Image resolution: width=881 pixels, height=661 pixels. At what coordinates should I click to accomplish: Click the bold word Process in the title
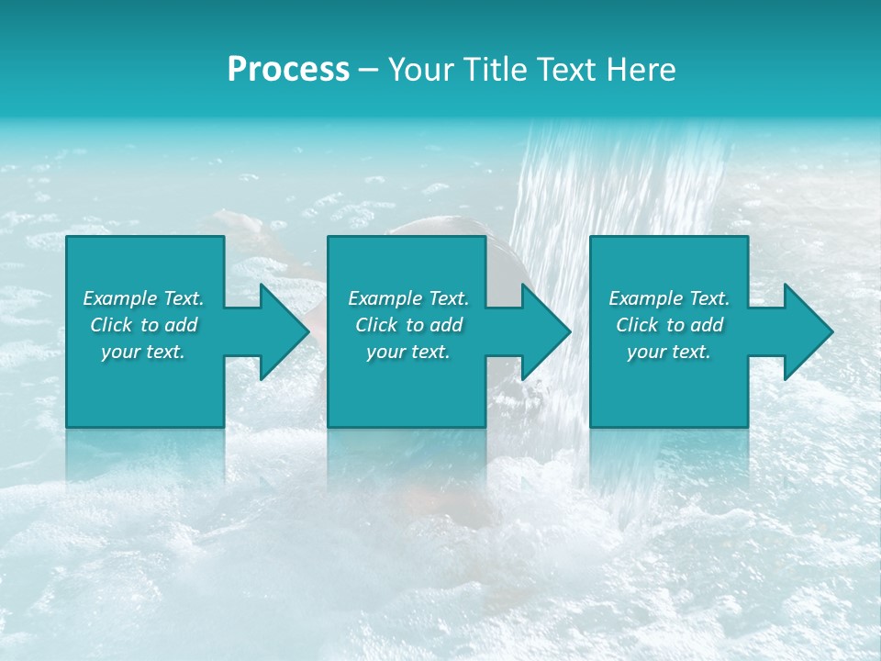pyautogui.click(x=288, y=70)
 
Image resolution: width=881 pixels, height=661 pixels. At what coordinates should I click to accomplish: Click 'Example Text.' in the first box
pyautogui.click(x=143, y=298)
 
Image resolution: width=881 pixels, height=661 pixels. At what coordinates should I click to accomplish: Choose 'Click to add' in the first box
pyautogui.click(x=143, y=325)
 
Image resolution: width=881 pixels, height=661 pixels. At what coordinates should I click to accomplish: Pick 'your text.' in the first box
pyautogui.click(x=143, y=352)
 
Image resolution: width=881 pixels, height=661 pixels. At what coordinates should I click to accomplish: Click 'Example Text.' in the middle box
pyautogui.click(x=408, y=298)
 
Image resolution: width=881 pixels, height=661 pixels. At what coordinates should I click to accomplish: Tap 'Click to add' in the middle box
pyautogui.click(x=408, y=325)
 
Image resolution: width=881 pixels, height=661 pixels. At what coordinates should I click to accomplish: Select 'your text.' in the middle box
pyautogui.click(x=408, y=352)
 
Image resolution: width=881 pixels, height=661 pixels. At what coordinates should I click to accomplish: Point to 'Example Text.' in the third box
pyautogui.click(x=669, y=298)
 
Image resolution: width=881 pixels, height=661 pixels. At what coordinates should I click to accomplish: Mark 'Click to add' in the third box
pyautogui.click(x=669, y=325)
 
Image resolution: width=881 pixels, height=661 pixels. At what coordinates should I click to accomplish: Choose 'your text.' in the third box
pyautogui.click(x=669, y=352)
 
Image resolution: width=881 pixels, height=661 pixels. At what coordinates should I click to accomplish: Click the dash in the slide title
pyautogui.click(x=369, y=71)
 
